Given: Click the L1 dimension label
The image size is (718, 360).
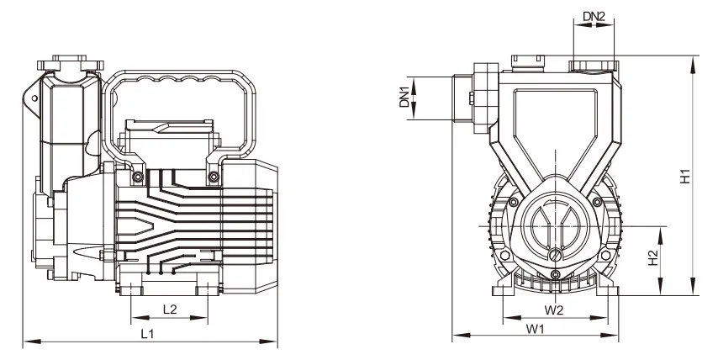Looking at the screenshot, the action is coord(147,334).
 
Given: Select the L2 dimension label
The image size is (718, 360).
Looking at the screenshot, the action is coord(170,310).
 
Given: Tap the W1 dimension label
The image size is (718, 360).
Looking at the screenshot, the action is coord(535,328).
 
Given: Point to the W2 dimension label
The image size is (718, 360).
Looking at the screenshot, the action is coord(554,310).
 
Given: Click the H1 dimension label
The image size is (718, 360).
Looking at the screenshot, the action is coord(685,177).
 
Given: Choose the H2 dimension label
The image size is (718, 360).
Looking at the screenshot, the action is coord(653,257).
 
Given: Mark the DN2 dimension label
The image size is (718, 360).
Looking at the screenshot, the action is coord(594,17).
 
